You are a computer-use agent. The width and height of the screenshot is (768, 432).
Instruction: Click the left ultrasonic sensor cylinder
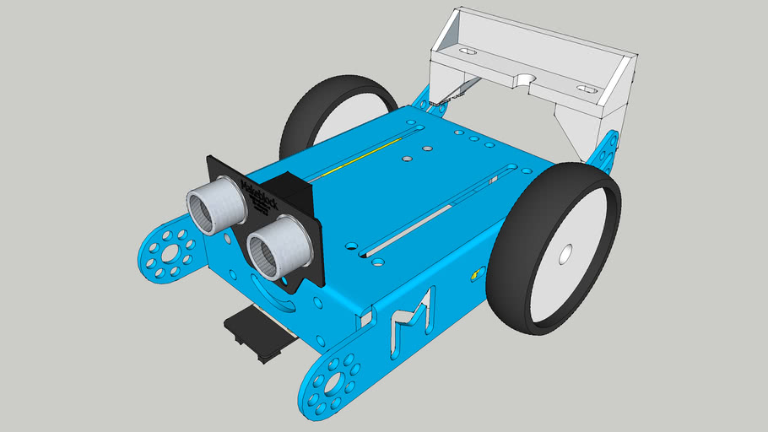214,205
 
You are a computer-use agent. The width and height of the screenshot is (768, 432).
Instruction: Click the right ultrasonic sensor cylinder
279,246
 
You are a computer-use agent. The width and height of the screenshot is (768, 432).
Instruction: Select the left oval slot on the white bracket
466,51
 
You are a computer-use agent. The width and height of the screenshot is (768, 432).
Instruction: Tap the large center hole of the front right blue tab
332,385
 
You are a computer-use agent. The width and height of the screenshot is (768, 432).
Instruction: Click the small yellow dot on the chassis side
473,274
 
